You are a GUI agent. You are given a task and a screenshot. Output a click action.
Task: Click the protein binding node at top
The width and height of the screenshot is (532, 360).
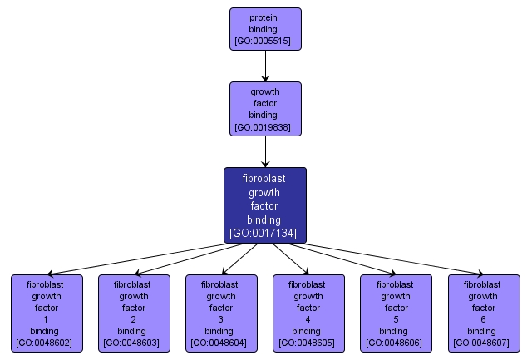pyautogui.click(x=265, y=28)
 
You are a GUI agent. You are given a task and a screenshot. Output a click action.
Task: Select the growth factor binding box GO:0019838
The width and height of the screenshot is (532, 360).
pyautogui.click(x=265, y=109)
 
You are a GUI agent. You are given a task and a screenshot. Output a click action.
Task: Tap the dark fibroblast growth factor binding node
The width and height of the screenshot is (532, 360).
pyautogui.click(x=265, y=205)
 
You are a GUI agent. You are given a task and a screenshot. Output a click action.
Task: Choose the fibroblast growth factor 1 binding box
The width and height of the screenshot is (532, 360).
pyautogui.click(x=47, y=313)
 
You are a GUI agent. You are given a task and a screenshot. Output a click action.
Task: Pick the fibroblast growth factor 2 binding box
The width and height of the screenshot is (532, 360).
pyautogui.click(x=134, y=313)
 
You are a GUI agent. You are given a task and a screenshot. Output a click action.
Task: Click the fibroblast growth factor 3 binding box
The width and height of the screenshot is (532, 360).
pyautogui.click(x=221, y=313)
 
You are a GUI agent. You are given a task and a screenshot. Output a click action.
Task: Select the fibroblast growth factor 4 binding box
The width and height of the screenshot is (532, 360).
pyautogui.click(x=308, y=313)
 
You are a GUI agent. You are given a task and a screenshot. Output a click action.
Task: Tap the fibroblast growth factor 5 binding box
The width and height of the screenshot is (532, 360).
pyautogui.click(x=396, y=313)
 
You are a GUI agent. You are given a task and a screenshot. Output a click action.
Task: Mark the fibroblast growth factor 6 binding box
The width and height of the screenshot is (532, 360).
pyautogui.click(x=483, y=313)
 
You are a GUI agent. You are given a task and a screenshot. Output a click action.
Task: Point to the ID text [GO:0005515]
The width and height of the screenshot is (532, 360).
pyautogui.click(x=265, y=41)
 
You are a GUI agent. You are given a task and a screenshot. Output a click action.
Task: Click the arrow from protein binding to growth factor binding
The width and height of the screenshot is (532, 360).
pyautogui.click(x=265, y=66)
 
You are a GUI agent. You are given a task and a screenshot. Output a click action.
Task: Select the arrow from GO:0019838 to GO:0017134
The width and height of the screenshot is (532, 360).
pyautogui.click(x=265, y=150)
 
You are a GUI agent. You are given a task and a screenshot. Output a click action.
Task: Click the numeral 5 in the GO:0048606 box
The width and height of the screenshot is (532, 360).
pyautogui.click(x=396, y=318)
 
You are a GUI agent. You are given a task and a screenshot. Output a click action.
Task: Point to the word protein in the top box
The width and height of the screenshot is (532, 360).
pyautogui.click(x=265, y=17)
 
